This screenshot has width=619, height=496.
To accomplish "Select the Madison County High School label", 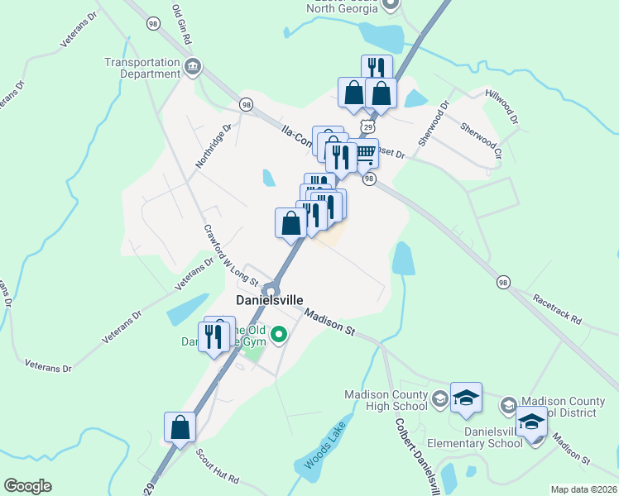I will tap(385, 400).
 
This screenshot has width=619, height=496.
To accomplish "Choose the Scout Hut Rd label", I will tap(217, 467).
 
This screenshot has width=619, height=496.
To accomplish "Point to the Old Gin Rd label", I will tap(182, 24).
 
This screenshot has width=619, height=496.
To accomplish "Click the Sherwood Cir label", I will tap(481, 141).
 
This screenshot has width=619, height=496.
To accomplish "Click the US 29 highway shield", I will tap(368, 125).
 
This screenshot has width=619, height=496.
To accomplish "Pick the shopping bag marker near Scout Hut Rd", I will tap(180, 427).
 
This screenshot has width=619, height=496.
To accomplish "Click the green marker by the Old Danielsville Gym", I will tap(280, 335).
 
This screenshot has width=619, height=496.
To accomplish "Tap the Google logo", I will tap(28, 486).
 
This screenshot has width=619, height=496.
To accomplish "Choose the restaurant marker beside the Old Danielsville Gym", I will tap(214, 336).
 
